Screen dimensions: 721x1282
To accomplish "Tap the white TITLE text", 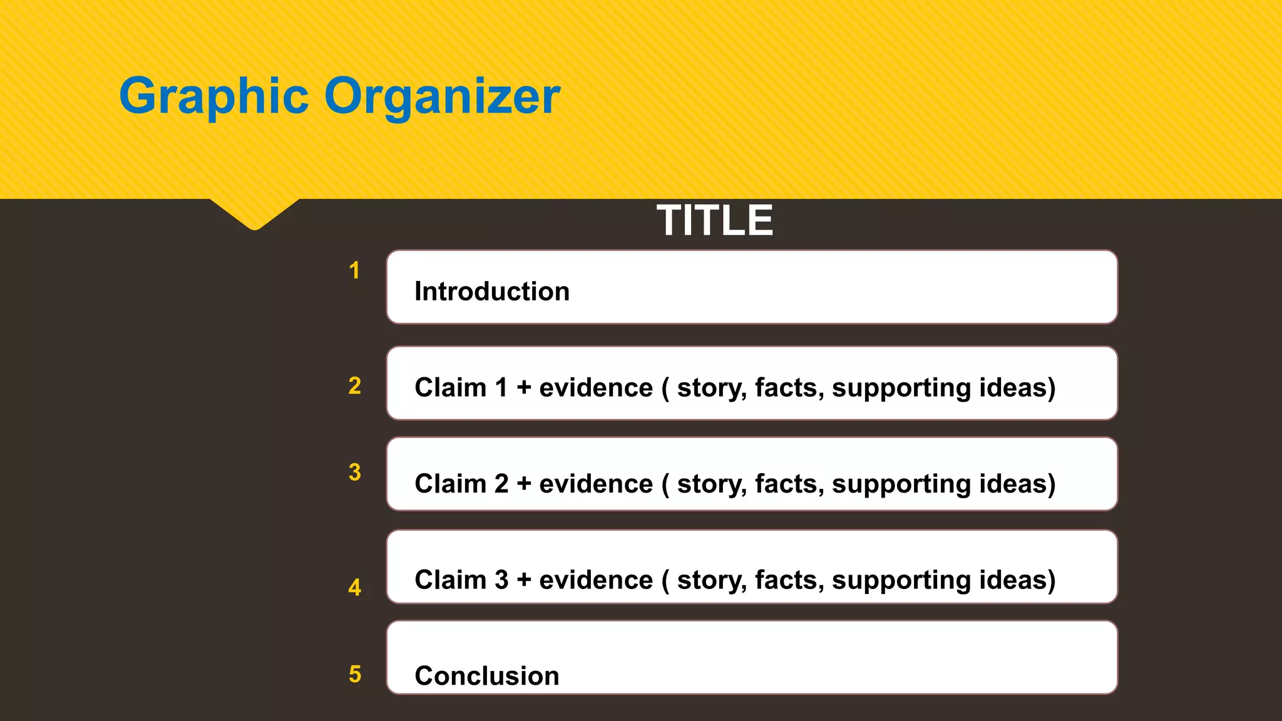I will pos(715,220).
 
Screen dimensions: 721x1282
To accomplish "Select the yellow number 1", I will pos(354,270).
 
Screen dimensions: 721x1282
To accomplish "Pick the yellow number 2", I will pos(354,386).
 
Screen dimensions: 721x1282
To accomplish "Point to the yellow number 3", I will pos(354,472).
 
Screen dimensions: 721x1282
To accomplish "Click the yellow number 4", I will pos(354,587).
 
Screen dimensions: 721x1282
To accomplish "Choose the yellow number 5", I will pos(354,674).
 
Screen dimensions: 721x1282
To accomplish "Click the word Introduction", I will pos(492,292).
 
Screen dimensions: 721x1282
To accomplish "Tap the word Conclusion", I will pos(487,676).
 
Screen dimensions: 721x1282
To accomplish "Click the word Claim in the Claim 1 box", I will pos(450,387).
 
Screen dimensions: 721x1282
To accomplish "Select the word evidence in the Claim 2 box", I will pos(596,484).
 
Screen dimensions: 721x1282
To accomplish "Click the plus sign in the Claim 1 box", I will pos(524,387).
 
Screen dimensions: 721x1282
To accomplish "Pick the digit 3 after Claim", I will pos(501,580).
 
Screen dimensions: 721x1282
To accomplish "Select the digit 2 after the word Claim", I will pos(501,484).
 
